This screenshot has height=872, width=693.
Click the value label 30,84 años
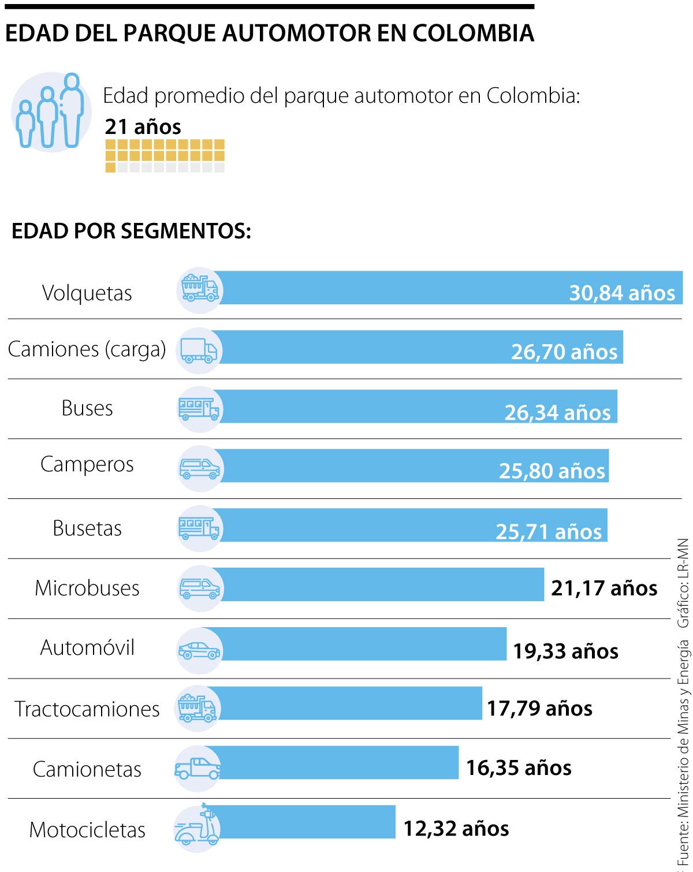[622, 293]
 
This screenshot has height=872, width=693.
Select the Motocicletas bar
[306, 822]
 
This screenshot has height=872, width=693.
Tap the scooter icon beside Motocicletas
[198, 827]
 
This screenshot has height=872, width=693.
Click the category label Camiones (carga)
[87, 349]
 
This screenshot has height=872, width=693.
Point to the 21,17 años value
[604, 588]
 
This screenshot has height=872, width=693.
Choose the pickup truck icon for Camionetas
[198, 769]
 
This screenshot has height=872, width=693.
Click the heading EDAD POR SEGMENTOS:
[131, 231]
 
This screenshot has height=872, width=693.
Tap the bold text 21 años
[143, 127]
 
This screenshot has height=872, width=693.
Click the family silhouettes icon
[51, 111]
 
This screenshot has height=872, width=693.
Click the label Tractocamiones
[87, 709]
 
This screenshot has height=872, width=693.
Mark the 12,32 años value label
[456, 829]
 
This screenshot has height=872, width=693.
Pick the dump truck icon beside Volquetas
[200, 288]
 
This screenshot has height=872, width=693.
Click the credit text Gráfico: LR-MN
[684, 583]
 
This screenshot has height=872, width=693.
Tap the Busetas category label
[87, 528]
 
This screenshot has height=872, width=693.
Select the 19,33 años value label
[565, 651]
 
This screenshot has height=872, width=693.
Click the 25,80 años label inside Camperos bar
[552, 471]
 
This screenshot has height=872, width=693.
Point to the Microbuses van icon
[199, 588]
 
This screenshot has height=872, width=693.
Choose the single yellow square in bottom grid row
[110, 167]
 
